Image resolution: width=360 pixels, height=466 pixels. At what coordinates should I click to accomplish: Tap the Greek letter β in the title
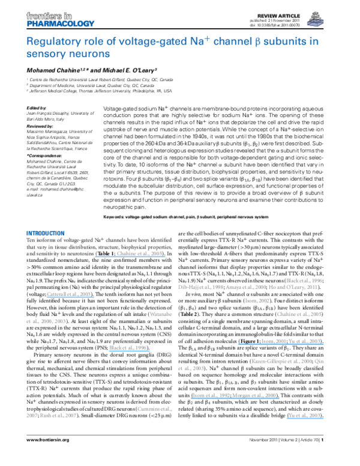253,42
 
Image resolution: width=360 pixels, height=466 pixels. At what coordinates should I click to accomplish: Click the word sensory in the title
46,53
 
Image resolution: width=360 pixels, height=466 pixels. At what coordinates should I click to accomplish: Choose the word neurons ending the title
89,53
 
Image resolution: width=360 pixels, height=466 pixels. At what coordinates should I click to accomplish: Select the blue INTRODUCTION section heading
45,233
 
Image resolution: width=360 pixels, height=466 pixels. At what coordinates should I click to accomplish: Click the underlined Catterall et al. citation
69,294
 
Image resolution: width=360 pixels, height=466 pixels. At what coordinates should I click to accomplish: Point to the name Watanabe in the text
161,314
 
